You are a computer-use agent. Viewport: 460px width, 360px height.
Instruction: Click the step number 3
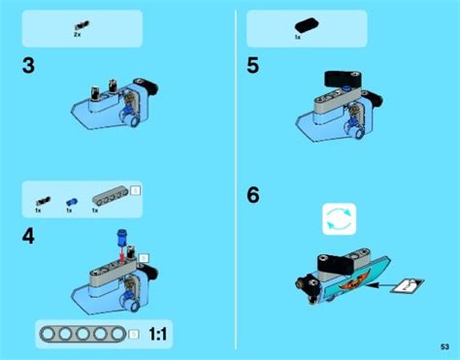(28, 67)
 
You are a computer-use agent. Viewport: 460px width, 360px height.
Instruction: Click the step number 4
(29, 235)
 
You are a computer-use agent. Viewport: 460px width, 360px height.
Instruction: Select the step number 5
(253, 66)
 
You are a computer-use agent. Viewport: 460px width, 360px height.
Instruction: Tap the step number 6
(253, 194)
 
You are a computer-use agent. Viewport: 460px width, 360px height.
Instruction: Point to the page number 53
(444, 347)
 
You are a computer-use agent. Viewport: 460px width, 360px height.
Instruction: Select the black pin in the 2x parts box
(78, 23)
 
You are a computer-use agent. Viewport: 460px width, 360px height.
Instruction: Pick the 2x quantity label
(78, 35)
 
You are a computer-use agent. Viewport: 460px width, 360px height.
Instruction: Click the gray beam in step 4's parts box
(110, 196)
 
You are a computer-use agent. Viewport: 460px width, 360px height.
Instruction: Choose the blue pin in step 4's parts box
(70, 198)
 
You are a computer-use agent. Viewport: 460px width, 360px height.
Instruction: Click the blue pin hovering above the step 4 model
(122, 236)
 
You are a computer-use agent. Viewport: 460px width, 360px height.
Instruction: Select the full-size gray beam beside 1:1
(82, 334)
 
